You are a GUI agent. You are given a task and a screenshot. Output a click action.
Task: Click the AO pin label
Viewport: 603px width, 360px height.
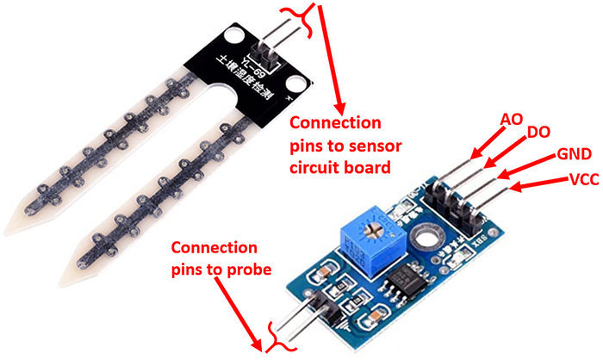pyautogui.click(x=511, y=120)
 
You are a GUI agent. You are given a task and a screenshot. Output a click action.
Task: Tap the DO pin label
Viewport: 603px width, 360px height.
pyautogui.click(x=539, y=133)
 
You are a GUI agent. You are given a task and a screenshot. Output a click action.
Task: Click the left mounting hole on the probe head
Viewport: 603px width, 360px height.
pyautogui.click(x=232, y=37)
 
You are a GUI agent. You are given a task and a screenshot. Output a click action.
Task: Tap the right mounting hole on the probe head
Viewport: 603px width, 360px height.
pyautogui.click(x=295, y=84)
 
